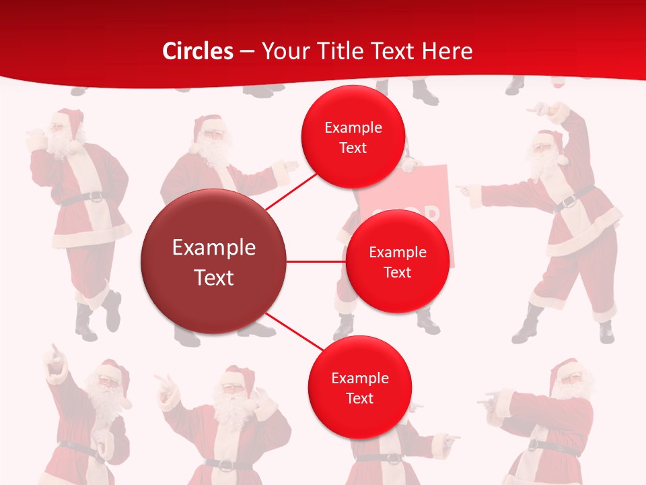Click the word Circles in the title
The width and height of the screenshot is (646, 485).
[x=198, y=51]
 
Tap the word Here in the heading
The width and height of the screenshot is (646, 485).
[x=447, y=51]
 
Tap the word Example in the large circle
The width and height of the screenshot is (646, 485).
[x=213, y=248]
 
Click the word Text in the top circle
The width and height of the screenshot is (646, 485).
[x=353, y=148]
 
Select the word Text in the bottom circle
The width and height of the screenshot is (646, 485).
[x=359, y=399]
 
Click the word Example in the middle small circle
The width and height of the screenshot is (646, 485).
[x=397, y=253]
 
